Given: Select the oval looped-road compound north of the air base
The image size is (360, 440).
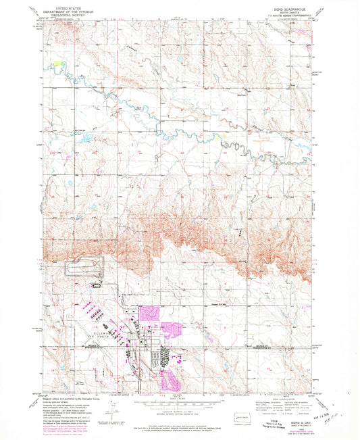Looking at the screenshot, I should (x=84, y=266).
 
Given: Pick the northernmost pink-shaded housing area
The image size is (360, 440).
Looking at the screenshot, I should (x=149, y=313).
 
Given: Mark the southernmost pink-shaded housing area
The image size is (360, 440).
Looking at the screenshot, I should (x=173, y=374).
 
